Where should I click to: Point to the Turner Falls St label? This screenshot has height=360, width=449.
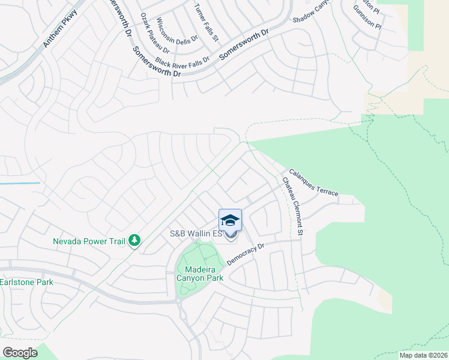pos(206,23)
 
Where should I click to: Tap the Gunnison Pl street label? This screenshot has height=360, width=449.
pos(367,19)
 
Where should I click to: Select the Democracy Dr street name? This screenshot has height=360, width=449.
pos(246,255)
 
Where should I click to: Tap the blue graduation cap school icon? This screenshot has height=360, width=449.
pos(230,220)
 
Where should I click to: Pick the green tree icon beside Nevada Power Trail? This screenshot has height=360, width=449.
pos(135,241)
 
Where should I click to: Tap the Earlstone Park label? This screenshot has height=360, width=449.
pos(26,282)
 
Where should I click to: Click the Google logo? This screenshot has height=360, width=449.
pos(20,352)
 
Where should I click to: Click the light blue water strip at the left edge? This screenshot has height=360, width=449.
pos(20,183)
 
